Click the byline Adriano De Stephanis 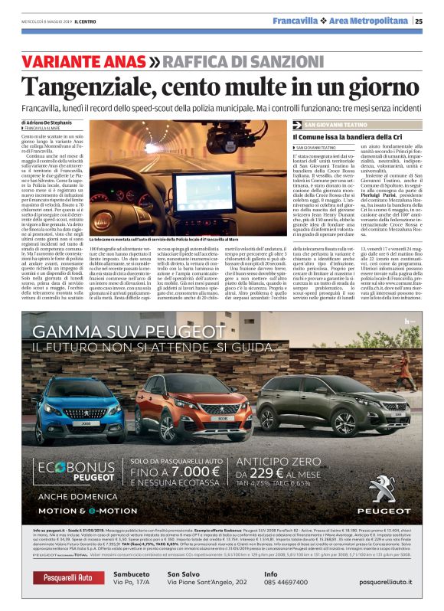(x=57, y=123)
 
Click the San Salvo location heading (x=184, y=573)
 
